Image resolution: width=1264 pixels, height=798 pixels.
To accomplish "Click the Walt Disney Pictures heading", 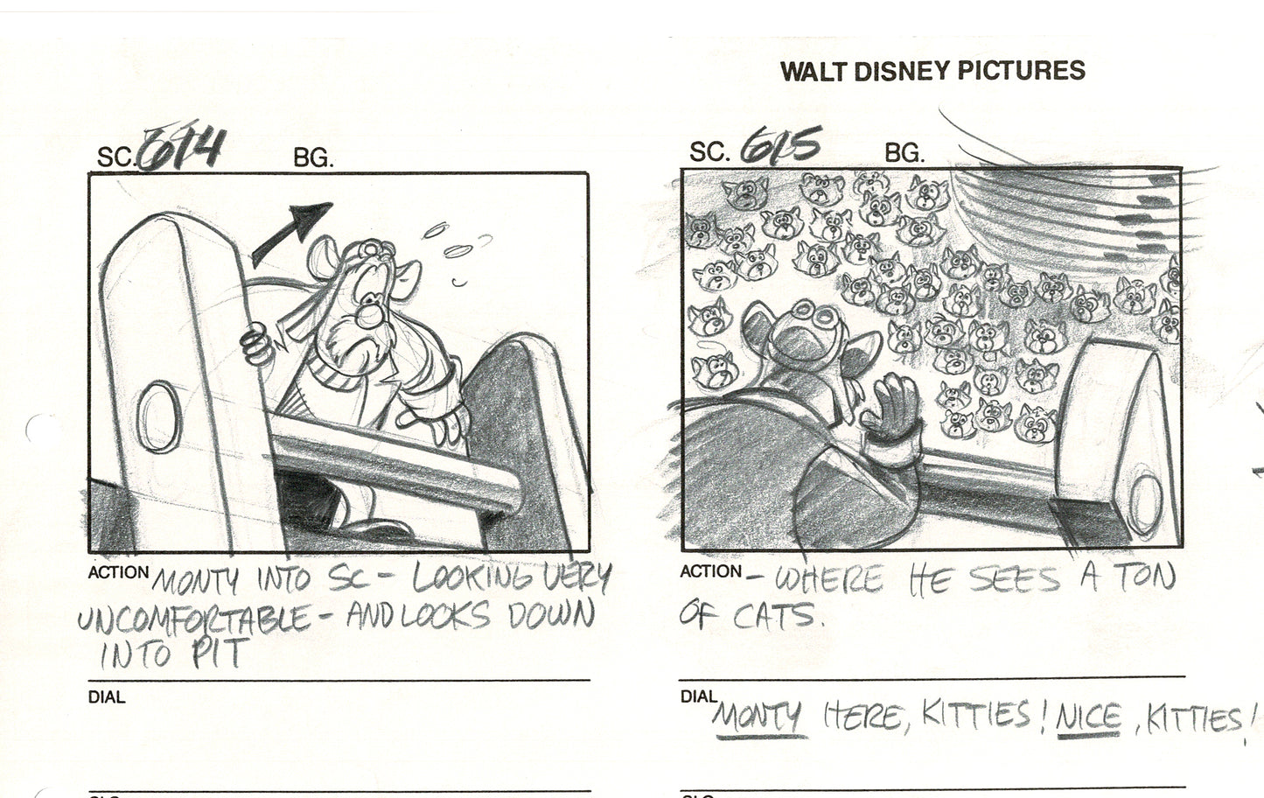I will [x=932, y=71].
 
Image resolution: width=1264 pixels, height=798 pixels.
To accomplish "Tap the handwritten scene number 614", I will [x=184, y=150].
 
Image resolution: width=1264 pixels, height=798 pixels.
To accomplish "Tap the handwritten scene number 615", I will [x=780, y=147].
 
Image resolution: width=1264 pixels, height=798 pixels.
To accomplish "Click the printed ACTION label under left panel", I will [x=118, y=573].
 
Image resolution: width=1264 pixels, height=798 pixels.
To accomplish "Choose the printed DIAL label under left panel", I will [x=106, y=697].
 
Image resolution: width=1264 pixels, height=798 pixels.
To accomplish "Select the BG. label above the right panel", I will [x=904, y=154].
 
